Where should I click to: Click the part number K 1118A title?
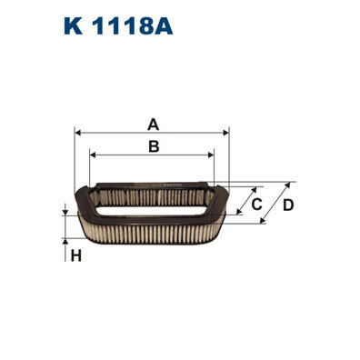118,25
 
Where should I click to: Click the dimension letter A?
154,125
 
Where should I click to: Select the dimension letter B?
154,146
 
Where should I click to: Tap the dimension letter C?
256,205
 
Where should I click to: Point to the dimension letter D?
288,205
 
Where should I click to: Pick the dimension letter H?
76,256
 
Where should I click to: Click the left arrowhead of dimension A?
78,133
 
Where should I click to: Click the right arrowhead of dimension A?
225,133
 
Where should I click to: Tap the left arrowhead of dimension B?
94,155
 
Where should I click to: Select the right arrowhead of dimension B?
211,155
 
